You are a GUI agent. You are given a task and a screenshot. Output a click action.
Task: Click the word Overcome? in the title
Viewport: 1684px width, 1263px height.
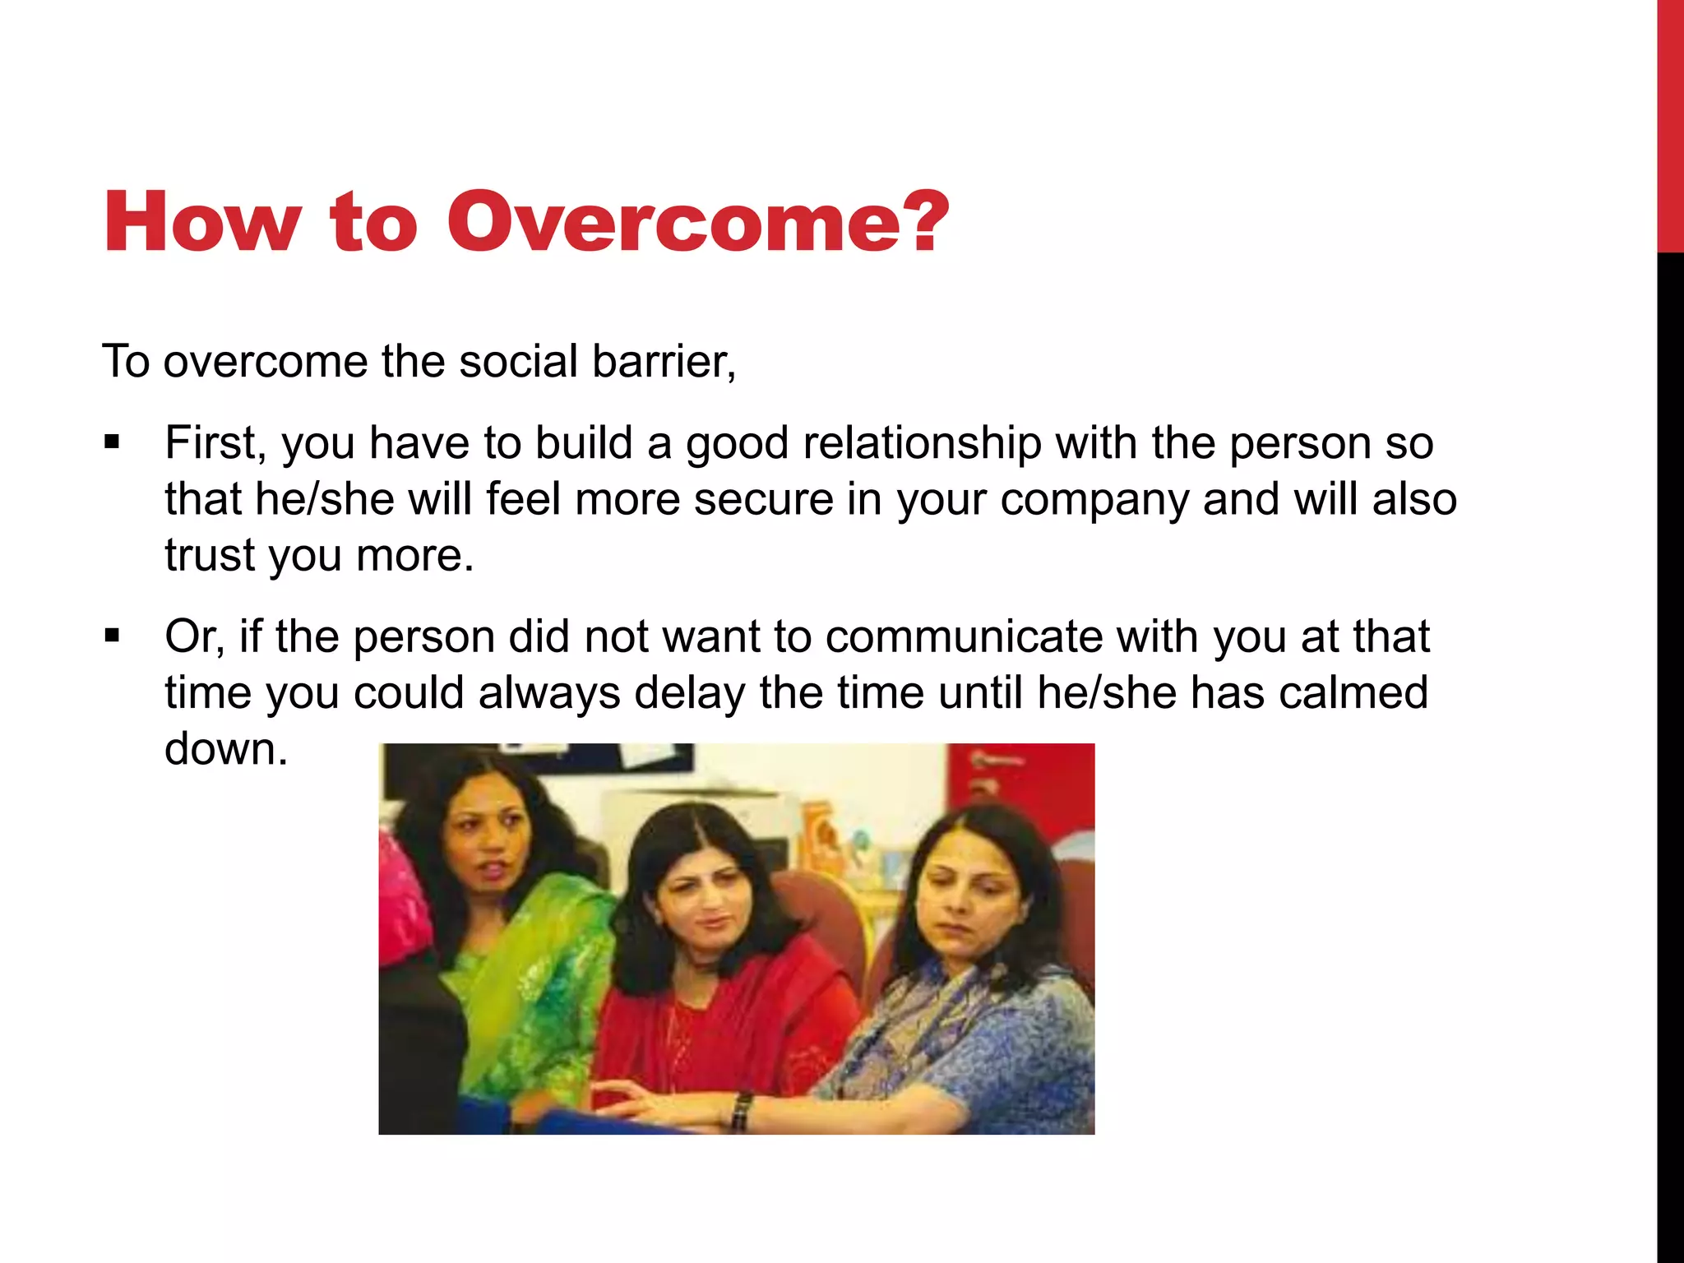(x=697, y=222)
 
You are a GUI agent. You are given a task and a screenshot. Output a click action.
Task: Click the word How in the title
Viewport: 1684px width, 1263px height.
(x=201, y=222)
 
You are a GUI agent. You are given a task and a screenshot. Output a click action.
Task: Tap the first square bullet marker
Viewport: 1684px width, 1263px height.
(x=113, y=444)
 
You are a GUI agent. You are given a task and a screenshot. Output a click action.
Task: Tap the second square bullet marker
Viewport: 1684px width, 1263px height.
(x=113, y=636)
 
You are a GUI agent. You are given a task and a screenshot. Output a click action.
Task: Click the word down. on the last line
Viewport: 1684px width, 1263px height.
(x=226, y=749)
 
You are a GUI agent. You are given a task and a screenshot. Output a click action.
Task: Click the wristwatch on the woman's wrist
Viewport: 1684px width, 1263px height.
(x=742, y=1110)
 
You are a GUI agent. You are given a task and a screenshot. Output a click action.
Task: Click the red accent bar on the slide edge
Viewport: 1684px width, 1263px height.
(x=1670, y=123)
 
